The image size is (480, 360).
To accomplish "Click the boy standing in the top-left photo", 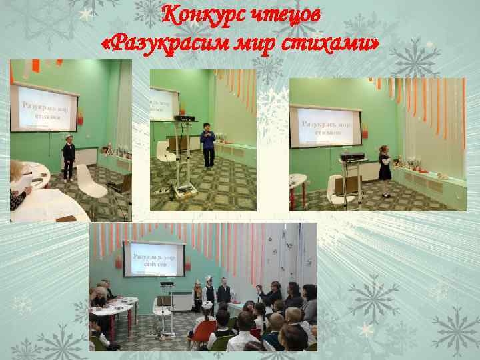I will tap(68, 156).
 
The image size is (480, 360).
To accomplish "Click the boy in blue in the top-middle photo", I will tap(208, 146).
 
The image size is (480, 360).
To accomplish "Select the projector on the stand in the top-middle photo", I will tap(184, 118).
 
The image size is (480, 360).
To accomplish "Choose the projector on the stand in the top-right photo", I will tap(352, 157).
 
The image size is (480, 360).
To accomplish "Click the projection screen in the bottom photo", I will tap(154, 259).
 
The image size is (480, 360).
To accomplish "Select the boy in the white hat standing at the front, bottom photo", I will tap(209, 290).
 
